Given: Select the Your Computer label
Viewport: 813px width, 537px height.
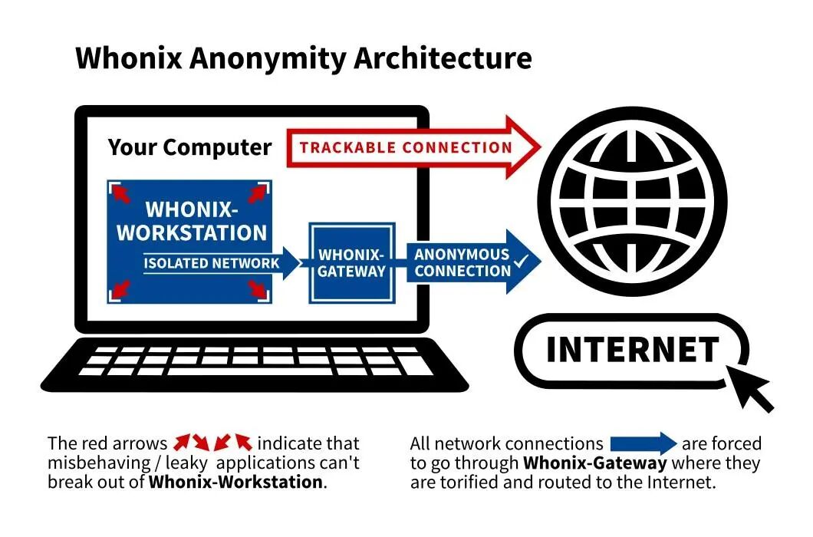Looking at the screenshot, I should [x=189, y=147].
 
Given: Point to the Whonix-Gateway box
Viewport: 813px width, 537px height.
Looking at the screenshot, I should [x=352, y=262].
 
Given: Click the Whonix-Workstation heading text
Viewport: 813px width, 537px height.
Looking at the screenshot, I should [x=192, y=221].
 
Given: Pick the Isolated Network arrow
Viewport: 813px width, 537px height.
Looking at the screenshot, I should [x=219, y=263].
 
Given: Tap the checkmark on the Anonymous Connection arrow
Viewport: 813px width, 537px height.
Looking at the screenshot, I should [x=522, y=262].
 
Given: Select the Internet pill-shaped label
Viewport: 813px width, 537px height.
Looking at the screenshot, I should [x=632, y=350].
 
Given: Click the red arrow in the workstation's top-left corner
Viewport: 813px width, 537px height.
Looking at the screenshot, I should [x=119, y=189].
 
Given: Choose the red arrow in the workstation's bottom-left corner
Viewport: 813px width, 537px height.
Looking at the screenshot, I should [x=119, y=290].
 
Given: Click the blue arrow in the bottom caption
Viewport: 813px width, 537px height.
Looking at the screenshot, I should [x=643, y=443].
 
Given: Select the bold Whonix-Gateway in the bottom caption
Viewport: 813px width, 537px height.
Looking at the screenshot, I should [x=594, y=463].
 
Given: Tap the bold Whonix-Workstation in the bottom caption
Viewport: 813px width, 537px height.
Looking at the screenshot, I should [x=235, y=483].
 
